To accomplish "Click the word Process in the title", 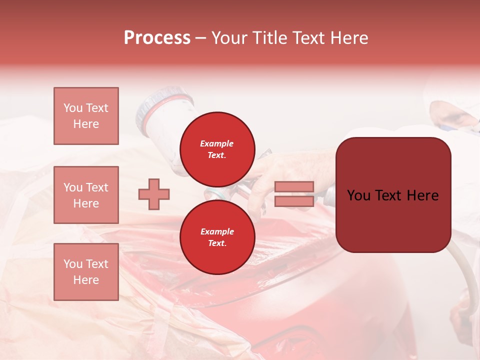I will pyautogui.click(x=157, y=38).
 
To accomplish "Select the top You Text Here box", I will pyautogui.click(x=86, y=116).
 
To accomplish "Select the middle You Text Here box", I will pyautogui.click(x=86, y=195).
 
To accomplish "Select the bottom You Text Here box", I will pyautogui.click(x=86, y=272).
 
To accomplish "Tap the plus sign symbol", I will pyautogui.click(x=154, y=194).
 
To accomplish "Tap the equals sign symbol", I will pyautogui.click(x=294, y=194).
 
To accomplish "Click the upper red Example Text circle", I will pyautogui.click(x=217, y=149).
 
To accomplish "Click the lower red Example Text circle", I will pyautogui.click(x=217, y=237).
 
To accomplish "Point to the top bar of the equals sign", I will pyautogui.click(x=294, y=187).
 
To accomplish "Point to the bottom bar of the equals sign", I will pyautogui.click(x=294, y=201).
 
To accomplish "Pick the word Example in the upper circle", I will pyautogui.click(x=217, y=143).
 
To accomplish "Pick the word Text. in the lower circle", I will pyautogui.click(x=217, y=243).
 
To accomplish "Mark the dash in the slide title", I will pyautogui.click(x=201, y=38).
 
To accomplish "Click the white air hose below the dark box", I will pyautogui.click(x=462, y=280).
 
